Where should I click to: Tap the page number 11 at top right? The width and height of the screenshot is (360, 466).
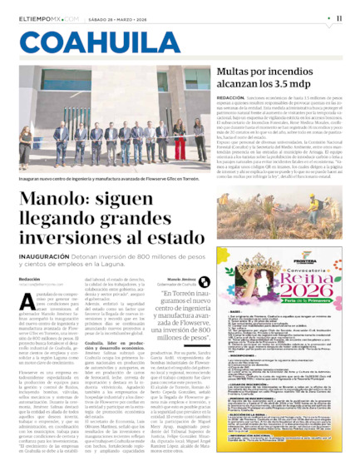[x=340, y=17]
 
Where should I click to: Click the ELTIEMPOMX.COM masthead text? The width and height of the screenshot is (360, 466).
[x=49, y=17]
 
